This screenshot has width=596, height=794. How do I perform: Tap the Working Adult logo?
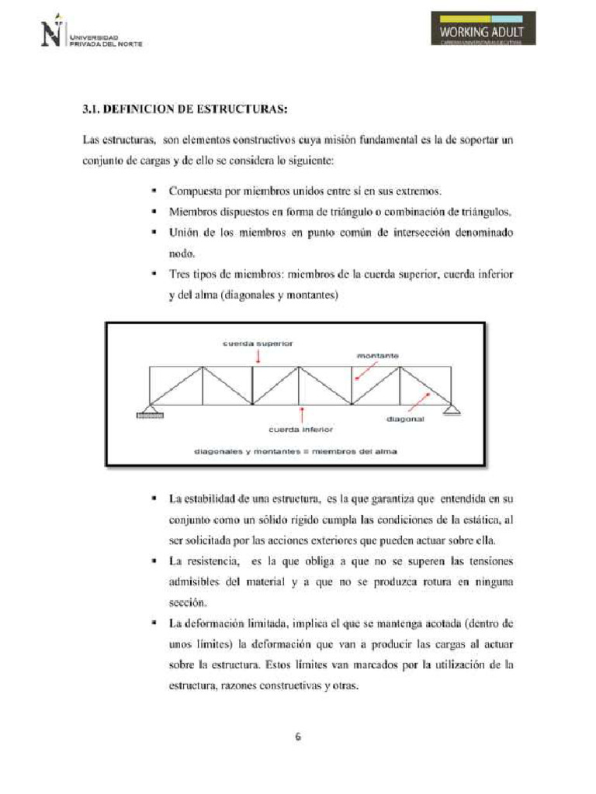pyautogui.click(x=482, y=30)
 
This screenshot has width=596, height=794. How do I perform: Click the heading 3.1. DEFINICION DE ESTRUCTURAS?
pyautogui.click(x=185, y=109)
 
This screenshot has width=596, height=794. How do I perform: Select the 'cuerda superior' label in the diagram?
pyautogui.click(x=258, y=342)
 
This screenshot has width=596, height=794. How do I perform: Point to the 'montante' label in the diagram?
pyautogui.click(x=378, y=356)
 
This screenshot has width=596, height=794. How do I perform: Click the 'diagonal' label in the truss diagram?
pyautogui.click(x=404, y=419)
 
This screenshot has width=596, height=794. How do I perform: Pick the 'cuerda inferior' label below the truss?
pyautogui.click(x=300, y=428)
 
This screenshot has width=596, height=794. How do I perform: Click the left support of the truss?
pyautogui.click(x=151, y=412)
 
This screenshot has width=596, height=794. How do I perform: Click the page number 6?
pyautogui.click(x=297, y=737)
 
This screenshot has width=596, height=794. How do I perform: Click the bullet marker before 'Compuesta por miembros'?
pyautogui.click(x=155, y=191)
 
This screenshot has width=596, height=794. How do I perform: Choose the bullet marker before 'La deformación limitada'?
pyautogui.click(x=155, y=623)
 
